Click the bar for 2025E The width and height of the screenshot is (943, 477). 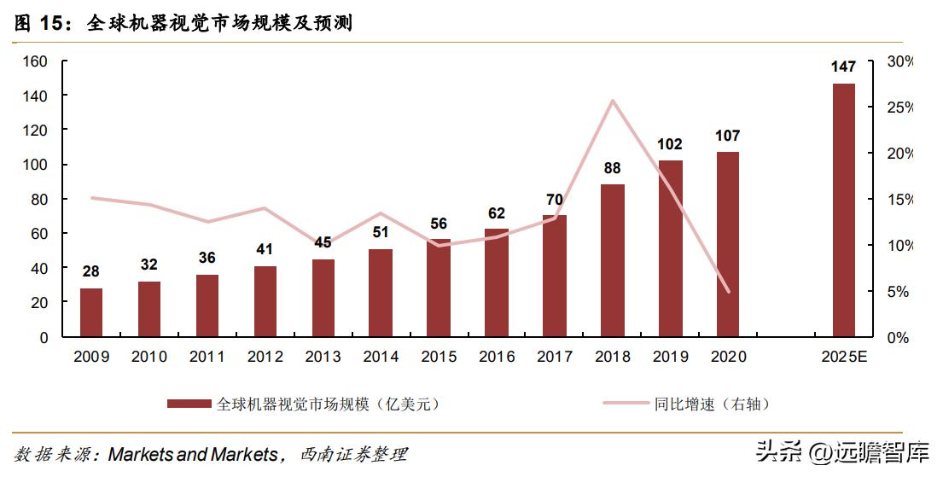pos(843,210)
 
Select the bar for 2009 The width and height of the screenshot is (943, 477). pos(91,312)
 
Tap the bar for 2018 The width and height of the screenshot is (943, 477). pos(612,260)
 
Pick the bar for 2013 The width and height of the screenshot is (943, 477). pos(323,298)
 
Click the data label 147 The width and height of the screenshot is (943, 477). pos(843,67)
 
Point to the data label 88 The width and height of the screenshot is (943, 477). pos(612,168)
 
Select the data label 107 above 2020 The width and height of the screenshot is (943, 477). pos(728,136)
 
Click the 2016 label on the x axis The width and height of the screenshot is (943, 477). pos(497,357)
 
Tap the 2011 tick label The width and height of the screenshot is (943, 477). pos(207,357)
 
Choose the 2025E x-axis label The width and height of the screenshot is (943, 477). pos(843,357)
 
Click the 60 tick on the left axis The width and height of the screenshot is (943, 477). pos(39,234)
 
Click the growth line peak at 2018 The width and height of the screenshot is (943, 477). pos(612,101)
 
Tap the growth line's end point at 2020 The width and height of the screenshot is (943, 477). pos(728,292)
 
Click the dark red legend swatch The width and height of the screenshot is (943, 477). pos(189,404)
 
